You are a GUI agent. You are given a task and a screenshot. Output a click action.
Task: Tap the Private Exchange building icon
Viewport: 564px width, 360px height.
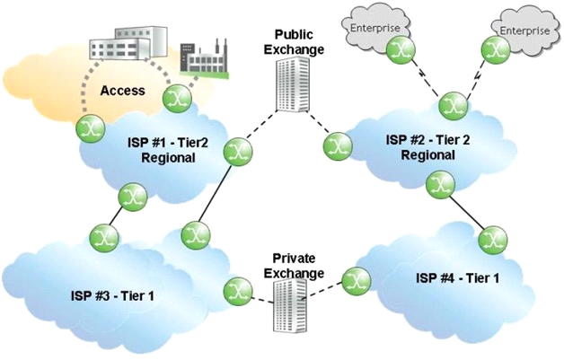coord(291,305)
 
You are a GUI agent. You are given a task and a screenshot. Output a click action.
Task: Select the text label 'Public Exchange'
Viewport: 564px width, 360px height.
coord(294,42)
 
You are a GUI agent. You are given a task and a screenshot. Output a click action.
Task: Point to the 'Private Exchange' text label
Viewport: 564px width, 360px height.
coord(294,266)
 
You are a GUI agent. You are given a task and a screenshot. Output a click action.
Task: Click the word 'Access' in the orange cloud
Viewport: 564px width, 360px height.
coord(123,91)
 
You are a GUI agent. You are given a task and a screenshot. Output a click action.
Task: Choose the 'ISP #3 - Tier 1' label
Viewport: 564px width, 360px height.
coord(112,296)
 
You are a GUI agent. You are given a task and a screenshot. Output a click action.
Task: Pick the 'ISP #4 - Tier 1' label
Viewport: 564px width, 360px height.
coord(457,278)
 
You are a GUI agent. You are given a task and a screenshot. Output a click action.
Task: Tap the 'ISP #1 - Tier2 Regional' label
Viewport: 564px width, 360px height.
coord(168,150)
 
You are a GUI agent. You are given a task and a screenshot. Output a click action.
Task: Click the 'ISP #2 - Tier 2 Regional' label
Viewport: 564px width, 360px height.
coord(427,147)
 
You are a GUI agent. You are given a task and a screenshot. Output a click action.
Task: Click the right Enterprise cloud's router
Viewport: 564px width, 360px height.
coord(496,49)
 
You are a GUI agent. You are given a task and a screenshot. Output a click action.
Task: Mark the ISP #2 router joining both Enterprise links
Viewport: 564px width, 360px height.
coord(453,106)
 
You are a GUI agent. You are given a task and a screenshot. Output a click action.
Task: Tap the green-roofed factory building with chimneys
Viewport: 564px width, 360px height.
coord(204,58)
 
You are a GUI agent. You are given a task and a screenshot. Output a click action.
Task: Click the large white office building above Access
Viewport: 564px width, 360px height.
coord(128,43)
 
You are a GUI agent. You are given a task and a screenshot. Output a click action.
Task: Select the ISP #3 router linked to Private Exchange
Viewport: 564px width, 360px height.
coord(238,291)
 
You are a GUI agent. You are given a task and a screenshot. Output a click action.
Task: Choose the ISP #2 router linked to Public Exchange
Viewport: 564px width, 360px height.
coord(338,146)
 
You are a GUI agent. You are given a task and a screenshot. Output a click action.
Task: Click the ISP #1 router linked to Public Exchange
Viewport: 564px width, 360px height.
coord(238,152)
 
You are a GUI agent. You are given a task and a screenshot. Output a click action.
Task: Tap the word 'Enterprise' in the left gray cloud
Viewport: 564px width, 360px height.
coord(375,28)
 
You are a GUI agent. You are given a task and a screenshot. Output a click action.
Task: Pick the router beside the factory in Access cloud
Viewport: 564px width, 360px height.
coord(177,97)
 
